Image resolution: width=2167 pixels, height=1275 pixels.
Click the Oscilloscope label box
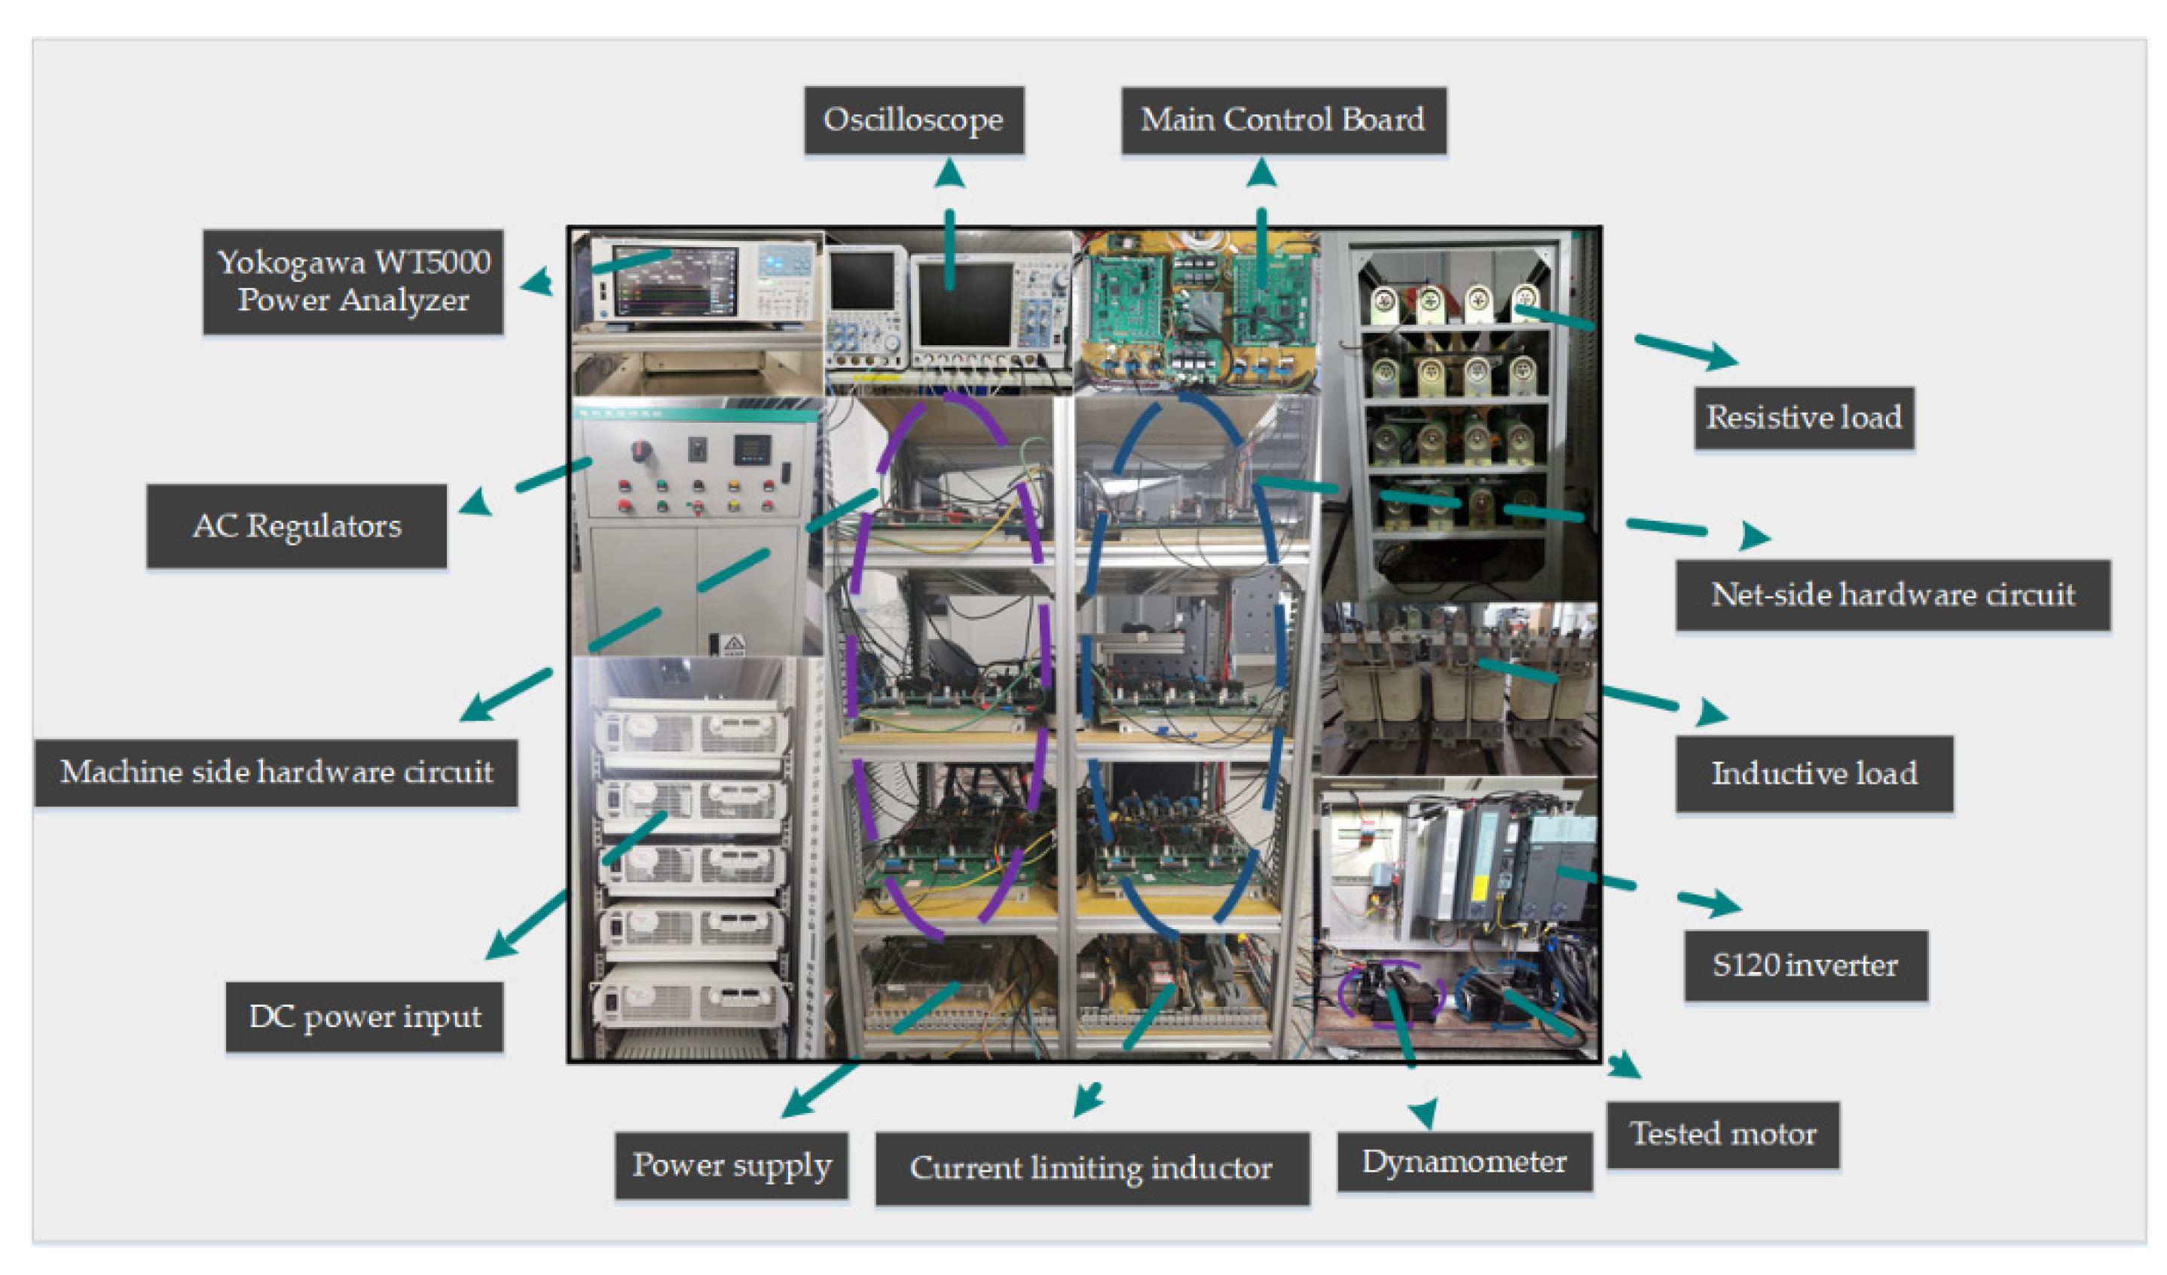(913, 120)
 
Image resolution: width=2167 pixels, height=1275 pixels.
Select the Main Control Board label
(1282, 120)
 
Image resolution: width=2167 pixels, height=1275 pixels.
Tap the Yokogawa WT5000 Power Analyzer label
(353, 281)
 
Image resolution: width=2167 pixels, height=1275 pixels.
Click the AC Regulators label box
(297, 525)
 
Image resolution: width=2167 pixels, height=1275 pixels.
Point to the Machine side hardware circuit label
(276, 772)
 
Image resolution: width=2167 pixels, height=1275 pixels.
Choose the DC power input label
(364, 1017)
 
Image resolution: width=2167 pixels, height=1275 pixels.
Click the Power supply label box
(731, 1165)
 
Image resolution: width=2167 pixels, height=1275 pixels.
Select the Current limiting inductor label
(1091, 1167)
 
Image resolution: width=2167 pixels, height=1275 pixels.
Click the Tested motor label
(1722, 1134)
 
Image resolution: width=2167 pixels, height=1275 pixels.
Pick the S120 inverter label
(1805, 965)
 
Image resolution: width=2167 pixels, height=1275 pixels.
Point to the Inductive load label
(1814, 773)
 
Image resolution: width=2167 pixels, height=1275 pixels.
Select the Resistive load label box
(1803, 417)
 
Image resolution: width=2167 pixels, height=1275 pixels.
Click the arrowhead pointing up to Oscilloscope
(949, 175)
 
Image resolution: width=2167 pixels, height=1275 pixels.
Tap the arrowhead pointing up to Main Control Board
(1261, 175)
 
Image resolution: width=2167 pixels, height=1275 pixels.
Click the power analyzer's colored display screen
(675, 283)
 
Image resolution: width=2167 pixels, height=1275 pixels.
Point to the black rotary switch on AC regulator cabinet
(640, 451)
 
